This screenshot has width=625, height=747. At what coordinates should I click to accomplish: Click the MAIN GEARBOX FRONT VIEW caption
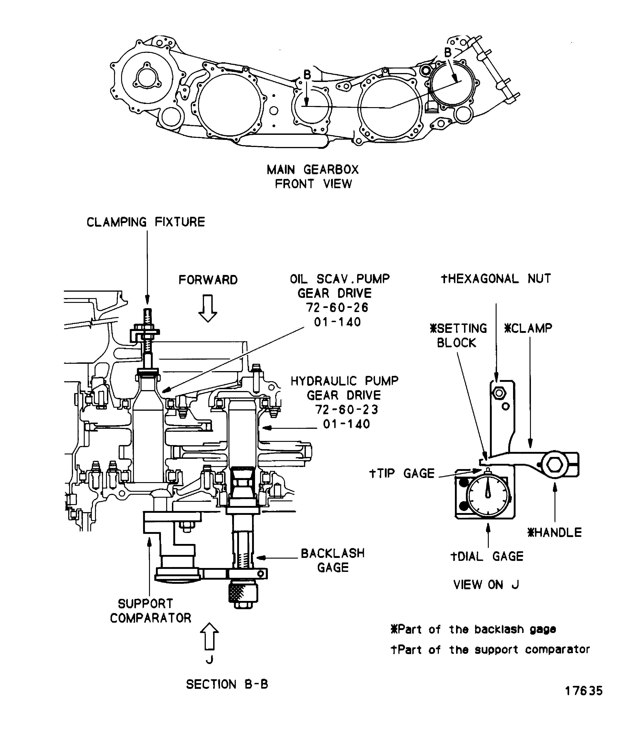tap(313, 177)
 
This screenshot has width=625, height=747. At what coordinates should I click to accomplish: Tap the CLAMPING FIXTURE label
tap(146, 222)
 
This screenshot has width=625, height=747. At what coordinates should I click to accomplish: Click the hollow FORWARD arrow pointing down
tap(208, 308)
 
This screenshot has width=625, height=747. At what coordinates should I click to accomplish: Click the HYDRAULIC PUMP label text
tap(344, 381)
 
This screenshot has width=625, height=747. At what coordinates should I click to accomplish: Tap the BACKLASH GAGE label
tap(333, 560)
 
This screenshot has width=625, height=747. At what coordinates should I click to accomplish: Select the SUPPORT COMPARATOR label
tap(150, 611)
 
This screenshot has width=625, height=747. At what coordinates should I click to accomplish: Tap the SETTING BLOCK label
tap(458, 335)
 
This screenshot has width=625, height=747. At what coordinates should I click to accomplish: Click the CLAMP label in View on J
tap(528, 328)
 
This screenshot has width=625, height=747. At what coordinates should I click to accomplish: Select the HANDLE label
tap(554, 532)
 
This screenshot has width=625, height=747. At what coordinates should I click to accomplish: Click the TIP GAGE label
tap(402, 473)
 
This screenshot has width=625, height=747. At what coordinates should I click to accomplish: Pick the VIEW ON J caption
tap(486, 585)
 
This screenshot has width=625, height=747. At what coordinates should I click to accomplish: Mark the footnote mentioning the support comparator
tap(490, 649)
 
